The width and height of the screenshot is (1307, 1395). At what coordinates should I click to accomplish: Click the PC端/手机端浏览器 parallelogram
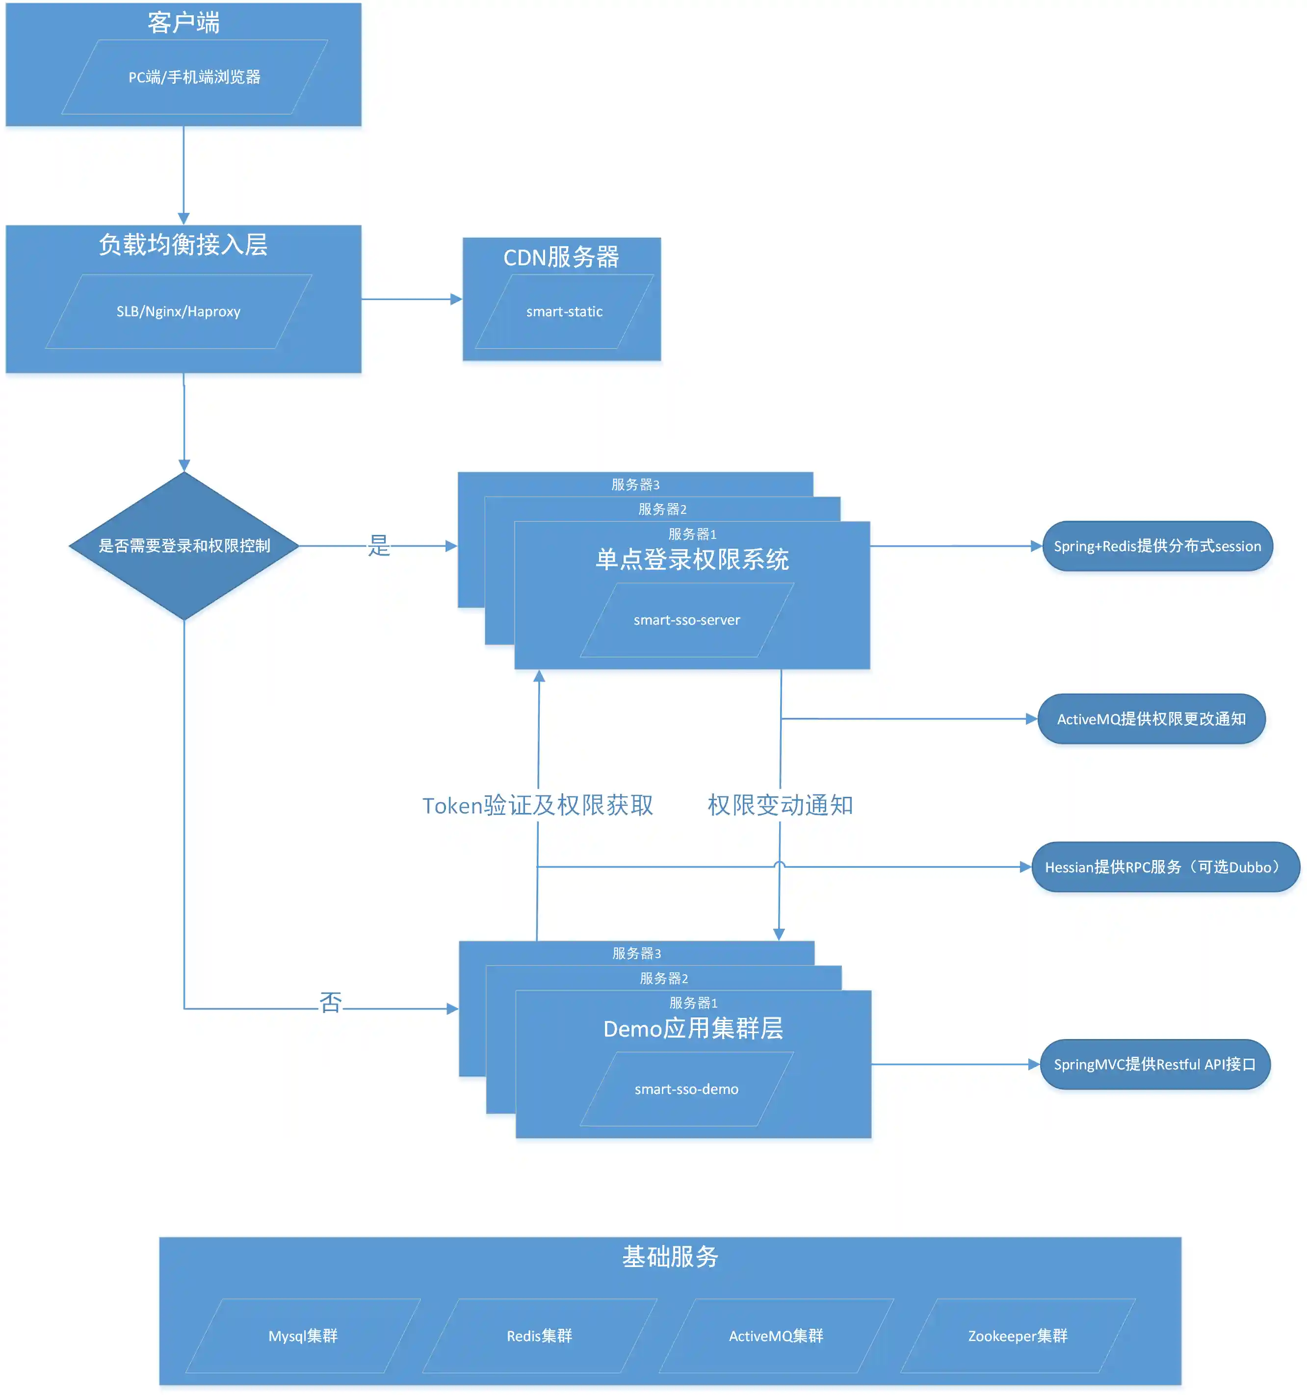click(194, 77)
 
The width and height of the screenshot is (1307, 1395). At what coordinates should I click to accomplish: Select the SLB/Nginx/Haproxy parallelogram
click(178, 311)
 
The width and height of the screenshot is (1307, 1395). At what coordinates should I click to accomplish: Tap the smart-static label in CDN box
click(564, 311)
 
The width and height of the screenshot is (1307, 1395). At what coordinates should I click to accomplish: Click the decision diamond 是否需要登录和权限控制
click(184, 546)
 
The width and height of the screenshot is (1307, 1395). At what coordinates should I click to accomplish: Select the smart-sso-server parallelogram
click(686, 620)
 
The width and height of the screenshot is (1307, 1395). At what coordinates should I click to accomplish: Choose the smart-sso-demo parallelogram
click(686, 1089)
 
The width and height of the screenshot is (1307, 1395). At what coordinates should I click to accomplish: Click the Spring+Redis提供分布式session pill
click(1157, 546)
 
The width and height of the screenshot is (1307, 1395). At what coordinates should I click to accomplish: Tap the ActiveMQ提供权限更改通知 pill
click(1151, 719)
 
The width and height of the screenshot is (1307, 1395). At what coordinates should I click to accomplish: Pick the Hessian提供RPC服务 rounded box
click(1165, 867)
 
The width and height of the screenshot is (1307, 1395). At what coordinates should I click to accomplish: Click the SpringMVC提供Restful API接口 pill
click(1155, 1065)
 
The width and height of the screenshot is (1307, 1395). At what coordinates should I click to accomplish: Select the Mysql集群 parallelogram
click(303, 1336)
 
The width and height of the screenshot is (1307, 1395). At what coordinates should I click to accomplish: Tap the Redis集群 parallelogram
click(539, 1336)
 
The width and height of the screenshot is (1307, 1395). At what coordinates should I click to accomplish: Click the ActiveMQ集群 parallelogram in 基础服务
click(776, 1336)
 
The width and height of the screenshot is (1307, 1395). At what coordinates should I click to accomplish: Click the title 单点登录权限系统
click(692, 560)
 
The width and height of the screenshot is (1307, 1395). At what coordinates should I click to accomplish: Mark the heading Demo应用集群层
click(693, 1029)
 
